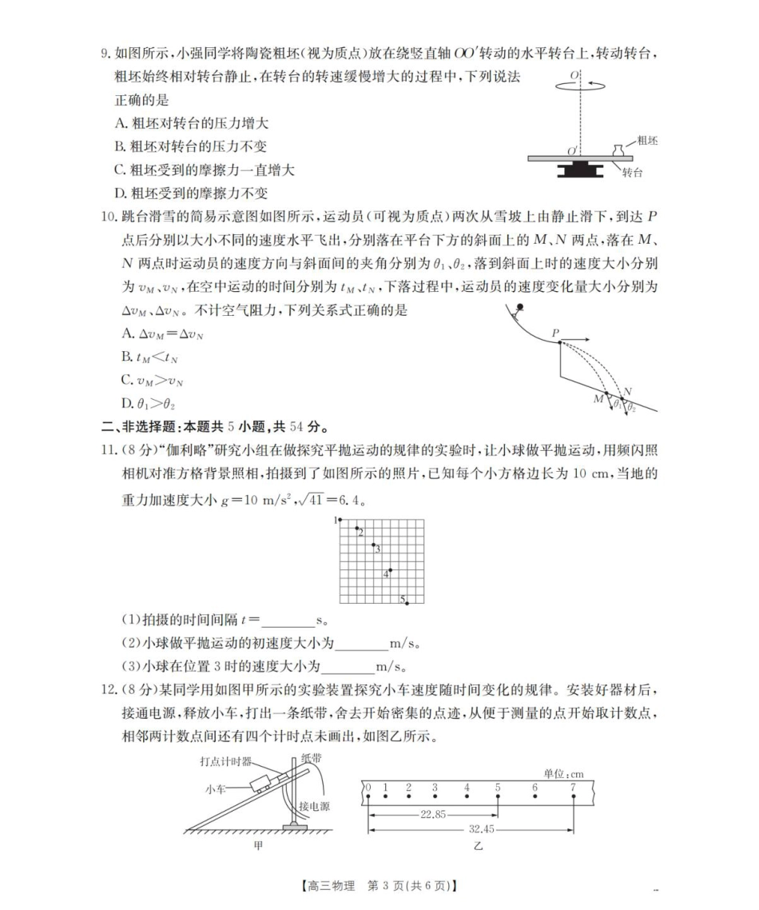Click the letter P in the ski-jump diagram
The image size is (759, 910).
(555, 333)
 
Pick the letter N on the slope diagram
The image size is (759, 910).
(628, 392)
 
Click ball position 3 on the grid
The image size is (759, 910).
(373, 545)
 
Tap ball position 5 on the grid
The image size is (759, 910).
(407, 602)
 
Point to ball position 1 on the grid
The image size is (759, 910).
(340, 520)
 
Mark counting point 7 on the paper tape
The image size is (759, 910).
(573, 788)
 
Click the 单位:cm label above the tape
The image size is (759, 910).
(563, 773)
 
